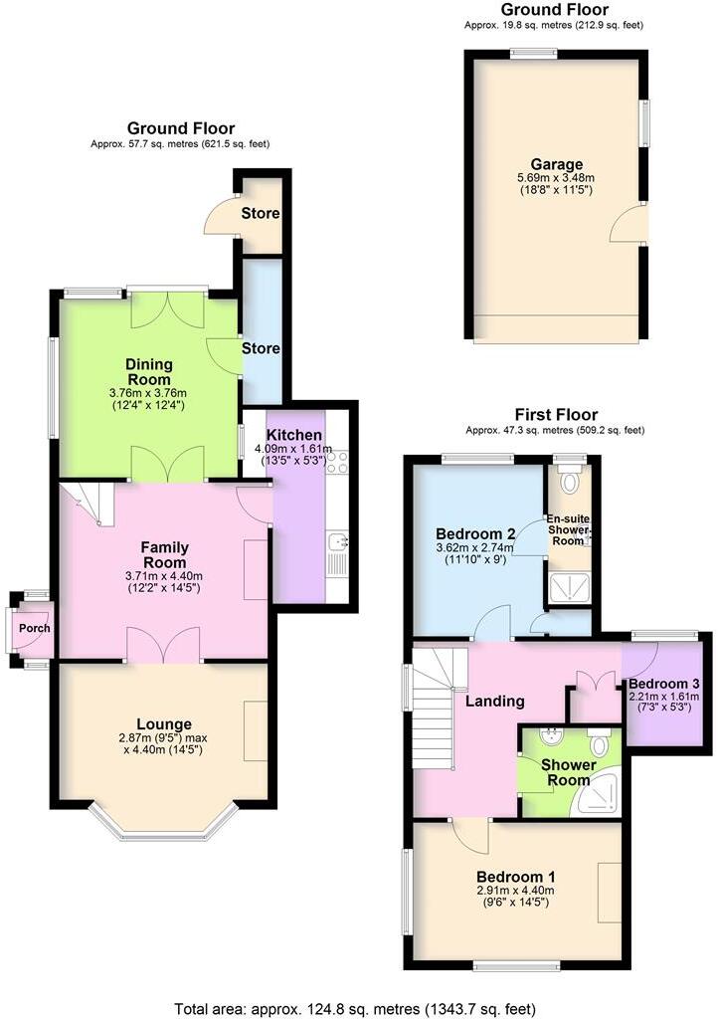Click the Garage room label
(556, 164)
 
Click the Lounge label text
(164, 723)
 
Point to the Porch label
(34, 628)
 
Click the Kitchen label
(294, 436)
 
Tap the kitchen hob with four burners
(337, 461)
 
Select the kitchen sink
(338, 542)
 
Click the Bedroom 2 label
(474, 532)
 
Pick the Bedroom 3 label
(664, 684)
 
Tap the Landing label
(495, 701)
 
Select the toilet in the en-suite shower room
(569, 483)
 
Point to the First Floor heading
(555, 414)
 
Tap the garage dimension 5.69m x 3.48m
(556, 178)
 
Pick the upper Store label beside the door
(261, 214)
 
